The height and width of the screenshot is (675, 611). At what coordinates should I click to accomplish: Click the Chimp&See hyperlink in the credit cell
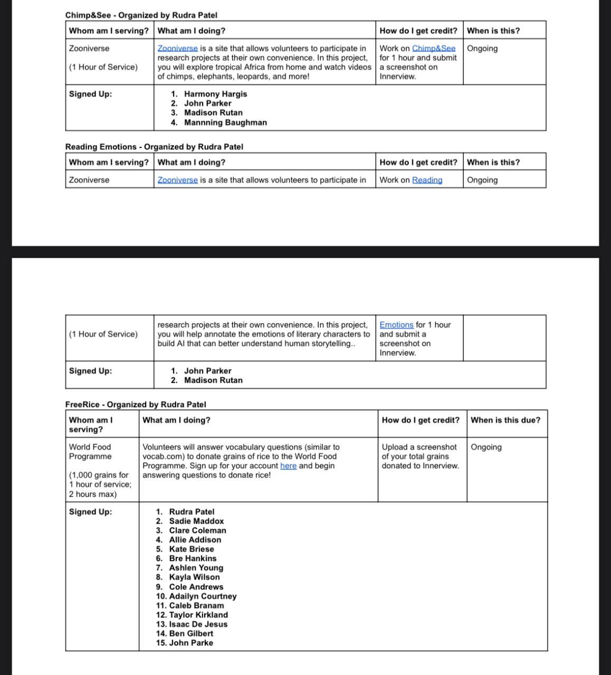tap(433, 49)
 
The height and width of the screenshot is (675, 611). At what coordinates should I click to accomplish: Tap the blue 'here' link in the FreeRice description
tap(288, 466)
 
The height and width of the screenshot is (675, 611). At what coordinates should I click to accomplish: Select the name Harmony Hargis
tap(215, 94)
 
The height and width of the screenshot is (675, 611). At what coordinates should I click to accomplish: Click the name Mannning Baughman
tap(225, 122)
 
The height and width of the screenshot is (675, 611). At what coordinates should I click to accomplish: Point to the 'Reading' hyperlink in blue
tap(427, 180)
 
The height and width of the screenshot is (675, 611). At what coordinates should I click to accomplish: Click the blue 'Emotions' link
tap(396, 325)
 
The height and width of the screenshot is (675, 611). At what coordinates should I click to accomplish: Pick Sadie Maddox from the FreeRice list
tap(196, 521)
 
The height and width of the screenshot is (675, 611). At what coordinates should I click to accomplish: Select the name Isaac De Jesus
tap(198, 624)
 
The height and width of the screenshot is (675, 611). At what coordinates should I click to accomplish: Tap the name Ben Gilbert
tap(191, 633)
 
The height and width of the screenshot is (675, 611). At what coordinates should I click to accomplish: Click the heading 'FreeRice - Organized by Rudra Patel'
tap(136, 404)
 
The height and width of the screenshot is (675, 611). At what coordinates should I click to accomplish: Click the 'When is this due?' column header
tap(505, 420)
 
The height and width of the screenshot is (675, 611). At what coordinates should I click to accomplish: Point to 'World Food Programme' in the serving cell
tap(90, 451)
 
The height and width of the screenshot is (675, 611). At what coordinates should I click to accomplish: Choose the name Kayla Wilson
tap(194, 577)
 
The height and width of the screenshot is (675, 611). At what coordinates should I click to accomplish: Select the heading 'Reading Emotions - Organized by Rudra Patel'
tap(154, 147)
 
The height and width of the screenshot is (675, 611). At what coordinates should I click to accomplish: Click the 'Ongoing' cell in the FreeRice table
tap(486, 447)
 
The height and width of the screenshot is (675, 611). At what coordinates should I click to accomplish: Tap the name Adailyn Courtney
tap(203, 596)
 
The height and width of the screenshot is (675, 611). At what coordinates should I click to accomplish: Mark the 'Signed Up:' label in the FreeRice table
tap(90, 512)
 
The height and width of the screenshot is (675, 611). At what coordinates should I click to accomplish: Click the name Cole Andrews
tap(196, 586)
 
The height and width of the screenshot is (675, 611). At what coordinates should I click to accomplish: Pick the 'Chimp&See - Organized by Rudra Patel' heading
tap(141, 15)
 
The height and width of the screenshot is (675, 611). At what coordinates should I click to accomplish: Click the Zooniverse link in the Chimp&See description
tap(178, 49)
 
